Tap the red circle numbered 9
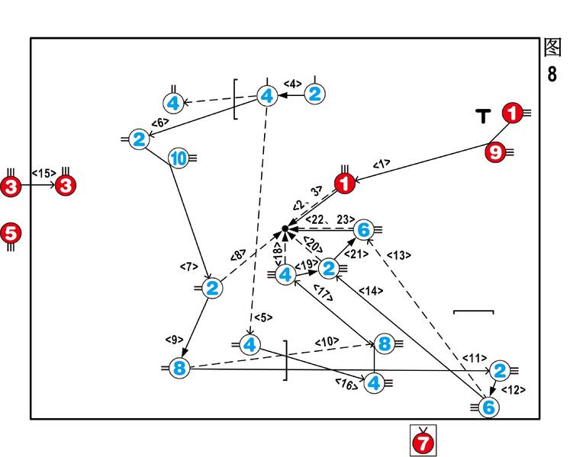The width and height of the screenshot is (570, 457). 495,152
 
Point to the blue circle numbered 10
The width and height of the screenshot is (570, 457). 177,158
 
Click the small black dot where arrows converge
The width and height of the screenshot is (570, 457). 285,228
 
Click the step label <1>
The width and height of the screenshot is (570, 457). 382,163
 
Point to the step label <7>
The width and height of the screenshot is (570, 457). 188,267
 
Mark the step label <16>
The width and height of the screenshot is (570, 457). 345,385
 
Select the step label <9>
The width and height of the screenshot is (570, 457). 174,339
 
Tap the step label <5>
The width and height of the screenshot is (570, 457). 262,317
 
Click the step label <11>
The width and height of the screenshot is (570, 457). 474,358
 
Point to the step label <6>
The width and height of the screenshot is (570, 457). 160,122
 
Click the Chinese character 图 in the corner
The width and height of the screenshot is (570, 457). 552,48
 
